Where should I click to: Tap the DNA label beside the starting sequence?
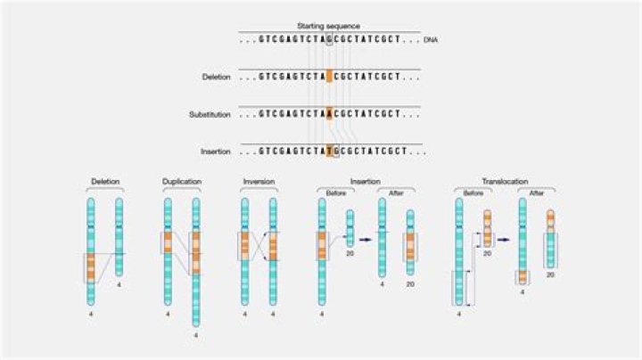pos(431,40)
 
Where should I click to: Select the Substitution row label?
pos(210,114)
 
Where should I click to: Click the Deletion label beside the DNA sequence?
pos(217,78)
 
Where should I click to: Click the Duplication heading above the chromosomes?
pos(181,182)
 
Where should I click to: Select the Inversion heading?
pos(259,182)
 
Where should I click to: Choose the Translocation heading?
pos(505,181)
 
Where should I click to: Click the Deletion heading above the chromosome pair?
pos(104,182)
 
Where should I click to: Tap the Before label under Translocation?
pos(473,191)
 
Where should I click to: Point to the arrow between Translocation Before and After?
pos(505,239)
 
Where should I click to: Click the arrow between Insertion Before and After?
pos(366,239)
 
